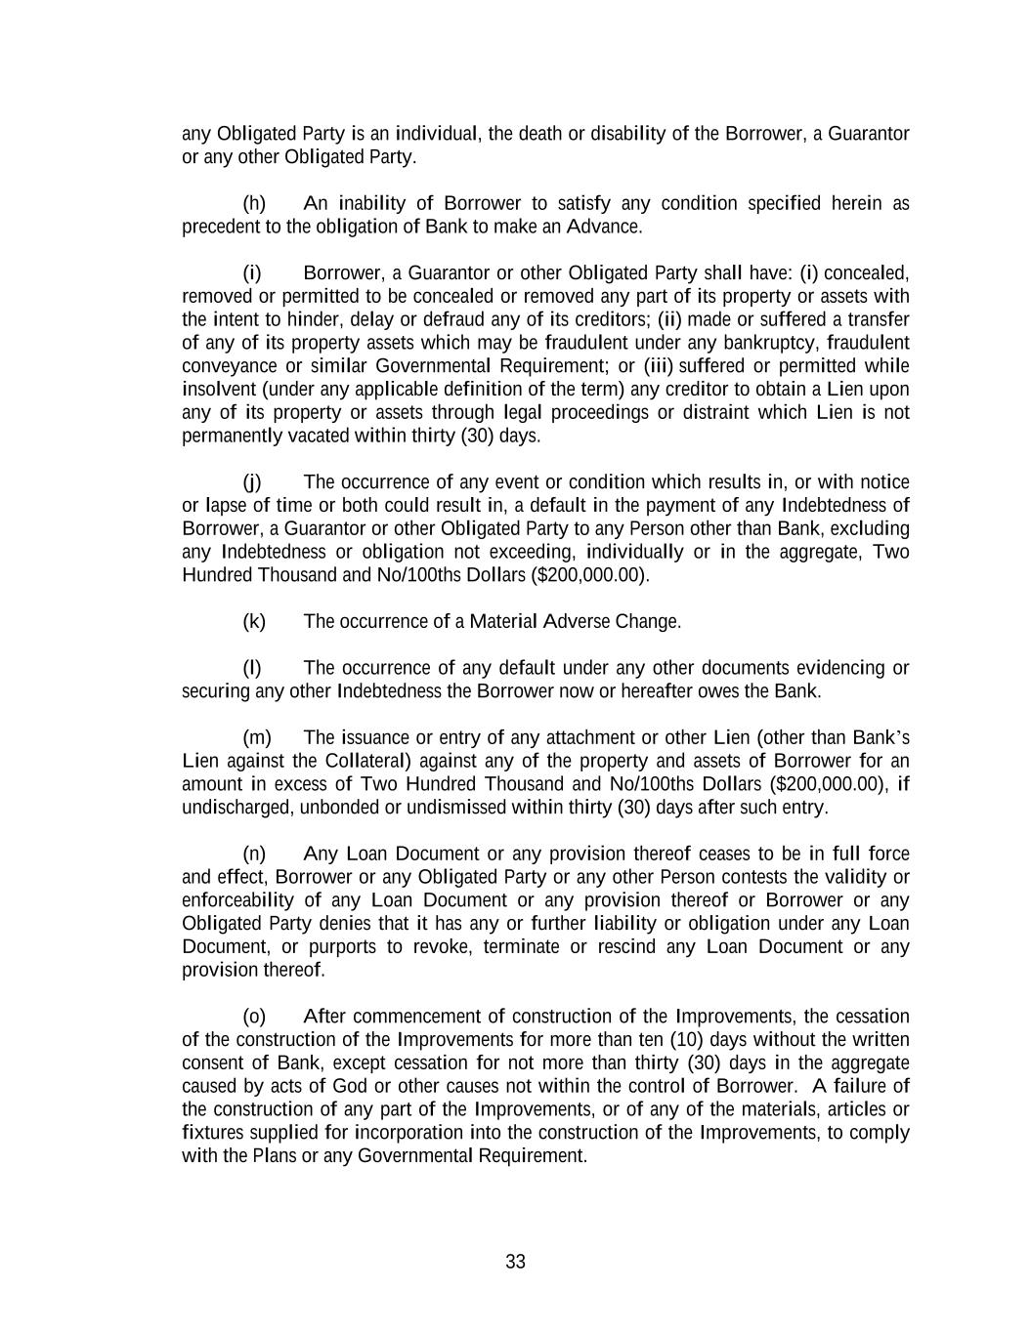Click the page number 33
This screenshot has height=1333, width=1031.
click(x=515, y=1262)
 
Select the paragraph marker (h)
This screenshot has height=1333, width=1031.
click(x=254, y=203)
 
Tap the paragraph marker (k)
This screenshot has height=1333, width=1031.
click(x=254, y=621)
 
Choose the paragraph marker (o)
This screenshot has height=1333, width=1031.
click(x=254, y=1017)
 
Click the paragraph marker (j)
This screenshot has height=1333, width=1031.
click(x=252, y=482)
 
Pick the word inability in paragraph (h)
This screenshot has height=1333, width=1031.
click(x=371, y=203)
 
